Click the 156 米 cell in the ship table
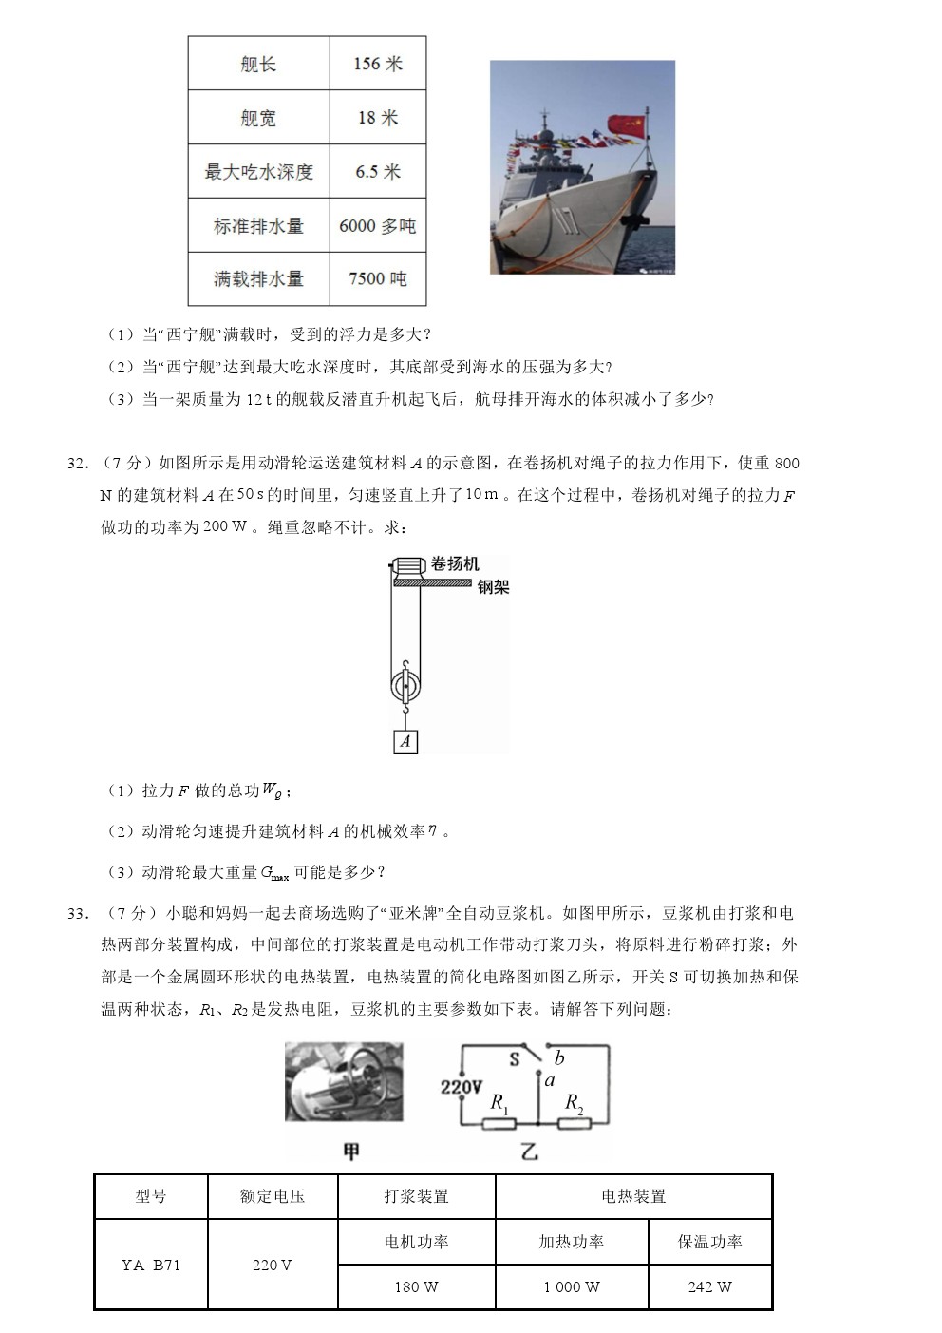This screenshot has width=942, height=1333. click(x=378, y=64)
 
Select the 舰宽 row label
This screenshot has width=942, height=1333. click(x=258, y=118)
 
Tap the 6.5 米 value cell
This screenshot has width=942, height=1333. click(x=378, y=172)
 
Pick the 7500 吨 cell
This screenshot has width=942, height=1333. click(x=378, y=278)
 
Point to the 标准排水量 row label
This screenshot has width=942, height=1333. click(x=258, y=226)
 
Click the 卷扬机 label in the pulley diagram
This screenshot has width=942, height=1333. click(x=455, y=563)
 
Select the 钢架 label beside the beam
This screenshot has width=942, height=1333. click(x=493, y=587)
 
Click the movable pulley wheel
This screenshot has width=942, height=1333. click(x=405, y=685)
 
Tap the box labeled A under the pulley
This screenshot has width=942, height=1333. click(x=405, y=741)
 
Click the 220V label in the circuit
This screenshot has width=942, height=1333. click(x=461, y=1086)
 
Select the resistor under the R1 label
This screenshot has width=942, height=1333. click(x=499, y=1124)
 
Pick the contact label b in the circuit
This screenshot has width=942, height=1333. click(x=559, y=1058)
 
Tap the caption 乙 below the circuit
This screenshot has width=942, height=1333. click(x=529, y=1152)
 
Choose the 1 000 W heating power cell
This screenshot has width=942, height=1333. click(x=572, y=1287)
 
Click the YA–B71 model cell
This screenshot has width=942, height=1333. click(x=151, y=1265)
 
